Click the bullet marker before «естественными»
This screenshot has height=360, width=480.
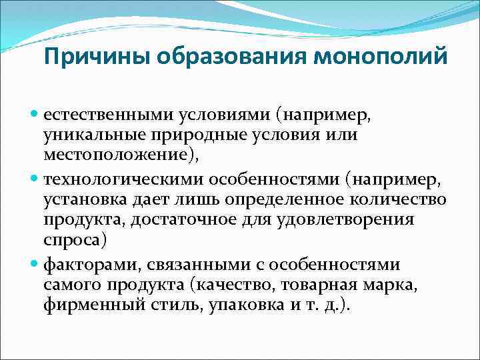[x=35, y=115]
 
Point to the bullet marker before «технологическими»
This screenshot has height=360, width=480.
[x=35, y=180]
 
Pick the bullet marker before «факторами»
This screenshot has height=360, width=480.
[x=35, y=265]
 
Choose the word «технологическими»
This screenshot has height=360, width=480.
[x=125, y=181]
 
